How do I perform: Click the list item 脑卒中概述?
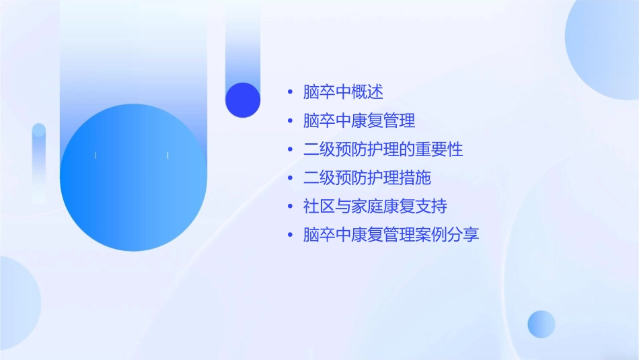point(343,92)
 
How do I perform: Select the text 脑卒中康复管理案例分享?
point(391,236)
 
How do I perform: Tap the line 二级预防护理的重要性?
point(383,149)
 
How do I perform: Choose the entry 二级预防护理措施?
point(367,178)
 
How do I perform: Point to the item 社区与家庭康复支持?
point(375,207)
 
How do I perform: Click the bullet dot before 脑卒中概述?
point(290,92)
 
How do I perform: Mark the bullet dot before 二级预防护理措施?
point(290,178)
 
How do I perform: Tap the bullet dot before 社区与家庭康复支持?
point(290,207)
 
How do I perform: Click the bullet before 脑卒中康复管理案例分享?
point(290,236)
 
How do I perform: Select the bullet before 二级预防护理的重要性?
point(290,149)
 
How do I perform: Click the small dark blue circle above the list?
point(243,100)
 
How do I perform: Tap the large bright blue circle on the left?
point(133,178)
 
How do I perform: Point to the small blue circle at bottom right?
point(541,324)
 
